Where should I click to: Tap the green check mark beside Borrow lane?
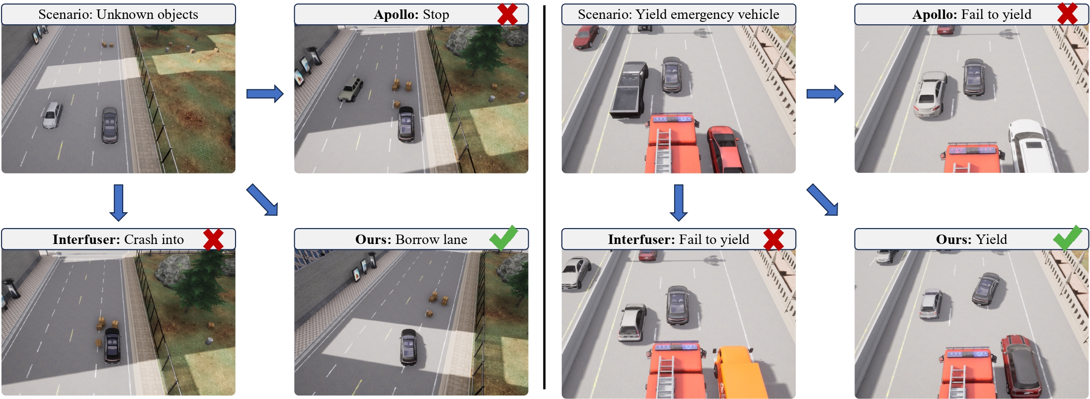(x=503, y=238)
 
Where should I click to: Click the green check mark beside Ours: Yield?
(x=1067, y=238)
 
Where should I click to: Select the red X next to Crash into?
(x=213, y=239)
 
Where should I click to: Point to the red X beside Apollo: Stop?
(x=507, y=14)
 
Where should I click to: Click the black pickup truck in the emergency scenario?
(x=628, y=89)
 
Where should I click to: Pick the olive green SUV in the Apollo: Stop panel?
(x=351, y=89)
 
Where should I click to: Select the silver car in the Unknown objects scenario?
(x=52, y=115)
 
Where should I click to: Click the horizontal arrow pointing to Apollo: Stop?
(x=265, y=93)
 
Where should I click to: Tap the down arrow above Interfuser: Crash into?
(x=118, y=202)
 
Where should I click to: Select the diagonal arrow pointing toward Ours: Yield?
(x=822, y=200)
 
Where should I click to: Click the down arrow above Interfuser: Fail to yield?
(x=678, y=202)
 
